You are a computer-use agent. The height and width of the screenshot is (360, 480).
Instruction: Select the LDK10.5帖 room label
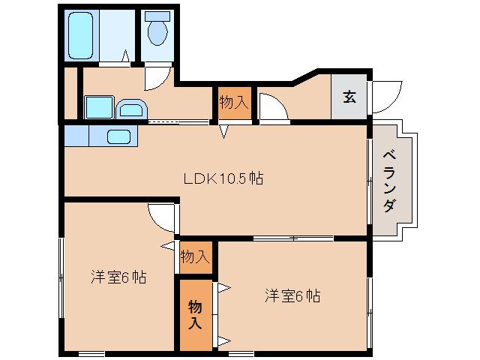pos(223,178)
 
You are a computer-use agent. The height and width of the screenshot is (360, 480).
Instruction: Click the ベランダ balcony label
pos(389,180)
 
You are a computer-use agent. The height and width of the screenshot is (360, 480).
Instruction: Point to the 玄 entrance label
pos(349,96)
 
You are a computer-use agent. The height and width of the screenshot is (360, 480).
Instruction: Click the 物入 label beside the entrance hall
pos(233,103)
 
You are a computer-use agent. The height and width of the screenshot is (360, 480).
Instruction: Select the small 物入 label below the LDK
pos(194,257)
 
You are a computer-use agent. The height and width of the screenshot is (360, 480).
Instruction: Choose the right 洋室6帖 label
pos(292,295)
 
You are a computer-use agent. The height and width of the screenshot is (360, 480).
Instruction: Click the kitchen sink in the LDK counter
pos(118,136)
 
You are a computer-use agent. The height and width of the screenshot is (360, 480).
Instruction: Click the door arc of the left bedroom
pos(162,218)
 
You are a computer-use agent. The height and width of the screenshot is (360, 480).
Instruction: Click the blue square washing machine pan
pos(98,106)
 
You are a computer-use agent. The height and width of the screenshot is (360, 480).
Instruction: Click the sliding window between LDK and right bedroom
pos(292,238)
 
